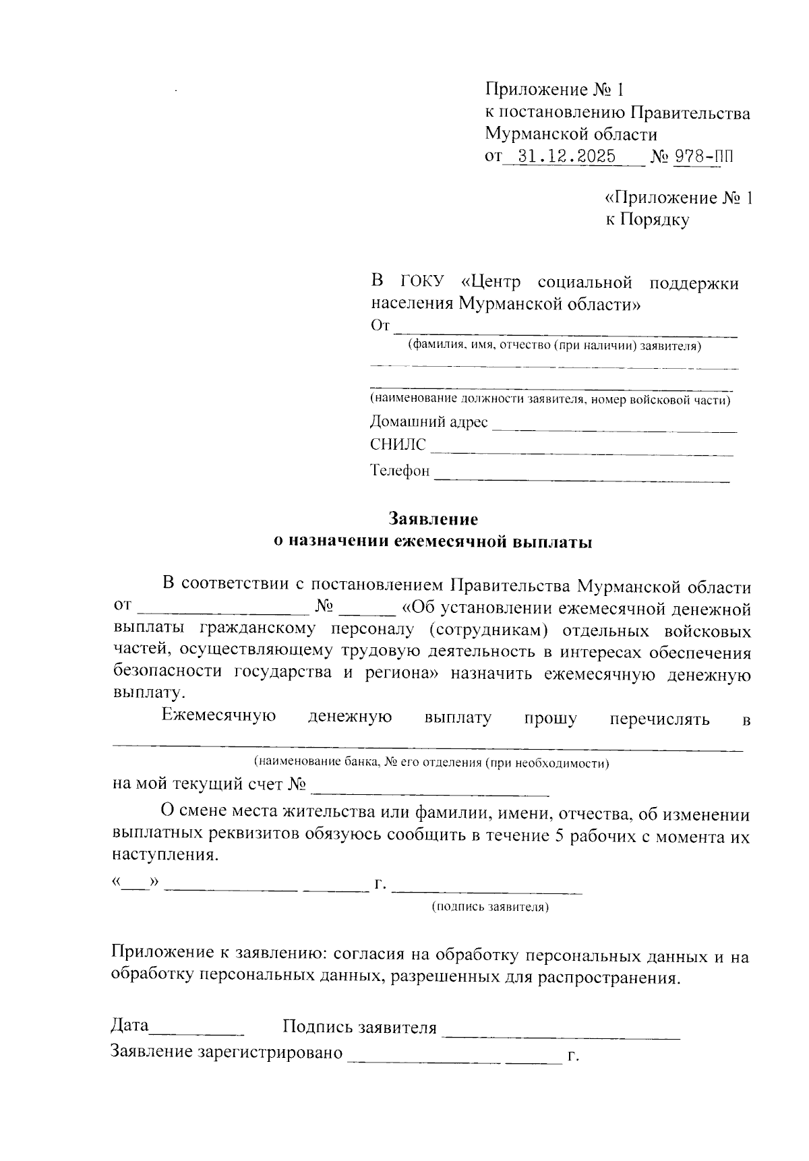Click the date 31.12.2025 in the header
coord(564,157)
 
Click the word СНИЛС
coord(398,445)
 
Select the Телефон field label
coord(400,471)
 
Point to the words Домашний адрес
coord(429,422)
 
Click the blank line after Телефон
coord(581,479)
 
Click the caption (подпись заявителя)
coord(490,907)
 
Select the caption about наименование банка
coord(431,763)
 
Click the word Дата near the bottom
coord(129,1025)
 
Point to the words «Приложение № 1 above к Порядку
coord(678,198)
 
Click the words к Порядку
coord(647,220)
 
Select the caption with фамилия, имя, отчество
coord(554,347)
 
